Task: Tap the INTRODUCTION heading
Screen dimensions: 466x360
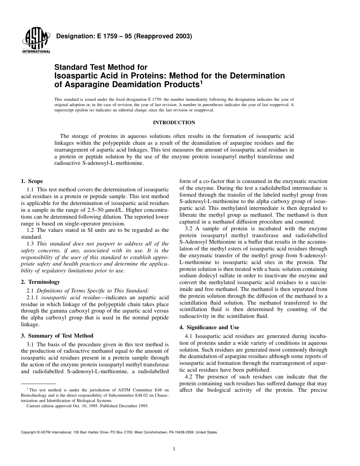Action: (174, 123)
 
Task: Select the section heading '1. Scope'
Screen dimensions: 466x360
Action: (32, 181)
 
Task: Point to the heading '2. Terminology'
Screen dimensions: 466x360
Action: (41, 282)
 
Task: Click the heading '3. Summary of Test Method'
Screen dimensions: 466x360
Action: (57, 336)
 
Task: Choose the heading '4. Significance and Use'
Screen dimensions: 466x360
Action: (209, 327)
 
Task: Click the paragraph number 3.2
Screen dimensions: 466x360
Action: (189, 229)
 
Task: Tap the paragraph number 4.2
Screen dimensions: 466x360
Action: (189, 377)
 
